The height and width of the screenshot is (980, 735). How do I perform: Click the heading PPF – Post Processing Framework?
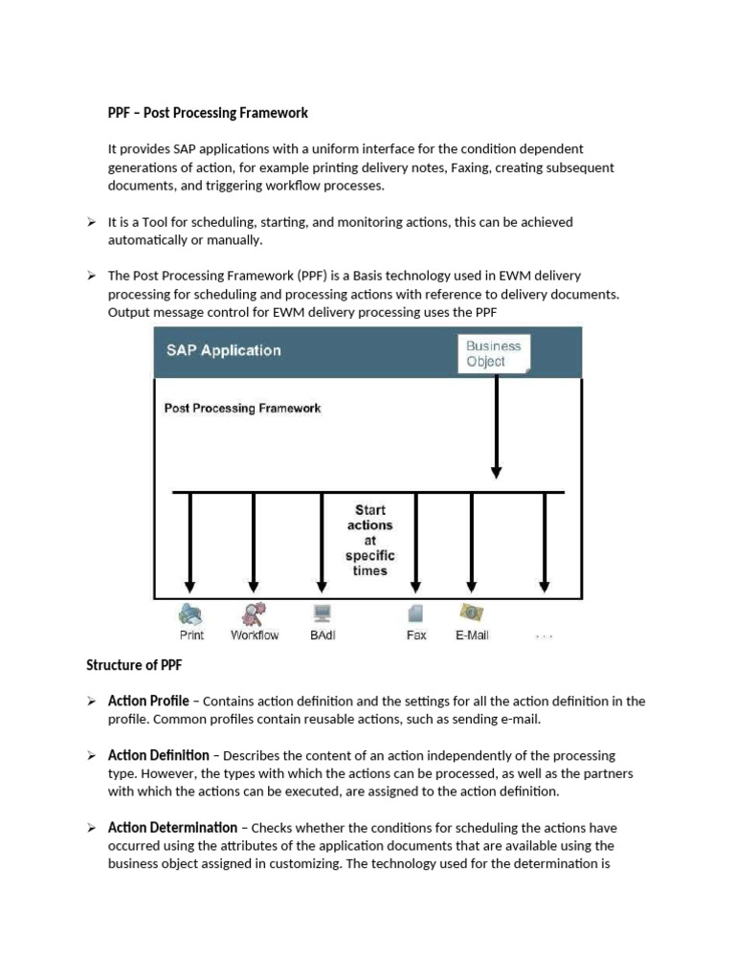tap(208, 113)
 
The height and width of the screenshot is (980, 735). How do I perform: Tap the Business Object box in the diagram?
tap(493, 353)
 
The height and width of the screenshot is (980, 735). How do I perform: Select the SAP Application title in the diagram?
tap(225, 350)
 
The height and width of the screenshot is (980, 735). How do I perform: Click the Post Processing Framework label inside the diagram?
tap(242, 409)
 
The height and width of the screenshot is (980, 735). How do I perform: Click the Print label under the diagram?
tap(191, 635)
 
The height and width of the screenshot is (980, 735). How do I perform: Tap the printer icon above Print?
tap(190, 613)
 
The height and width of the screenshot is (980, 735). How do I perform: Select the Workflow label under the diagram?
tap(255, 635)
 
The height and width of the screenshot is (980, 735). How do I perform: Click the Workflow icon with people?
tap(254, 613)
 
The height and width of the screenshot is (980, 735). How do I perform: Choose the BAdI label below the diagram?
tap(323, 635)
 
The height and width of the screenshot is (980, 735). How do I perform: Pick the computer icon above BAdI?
tap(322, 613)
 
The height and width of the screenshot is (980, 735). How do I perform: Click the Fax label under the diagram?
tap(416, 635)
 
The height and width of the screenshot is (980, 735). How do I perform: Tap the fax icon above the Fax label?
tap(416, 613)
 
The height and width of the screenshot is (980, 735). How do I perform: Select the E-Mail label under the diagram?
tap(472, 635)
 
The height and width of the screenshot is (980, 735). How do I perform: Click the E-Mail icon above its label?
tap(471, 612)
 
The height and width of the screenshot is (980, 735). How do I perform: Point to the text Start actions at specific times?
tap(369, 541)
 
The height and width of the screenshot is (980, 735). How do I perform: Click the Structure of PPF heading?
tap(134, 665)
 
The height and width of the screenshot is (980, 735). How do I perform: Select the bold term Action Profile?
tap(148, 701)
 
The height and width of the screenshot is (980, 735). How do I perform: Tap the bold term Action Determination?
tap(172, 827)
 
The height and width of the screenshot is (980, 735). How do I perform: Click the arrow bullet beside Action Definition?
tap(92, 756)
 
